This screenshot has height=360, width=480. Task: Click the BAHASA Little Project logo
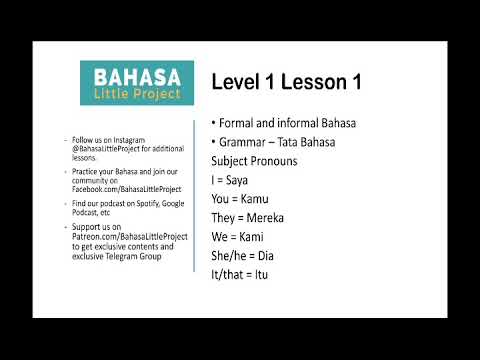click(x=136, y=83)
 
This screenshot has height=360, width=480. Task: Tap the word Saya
click(x=244, y=179)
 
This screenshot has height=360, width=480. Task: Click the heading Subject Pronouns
click(x=260, y=160)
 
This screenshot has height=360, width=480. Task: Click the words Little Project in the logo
click(x=136, y=94)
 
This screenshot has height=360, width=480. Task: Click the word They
click(x=227, y=217)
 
